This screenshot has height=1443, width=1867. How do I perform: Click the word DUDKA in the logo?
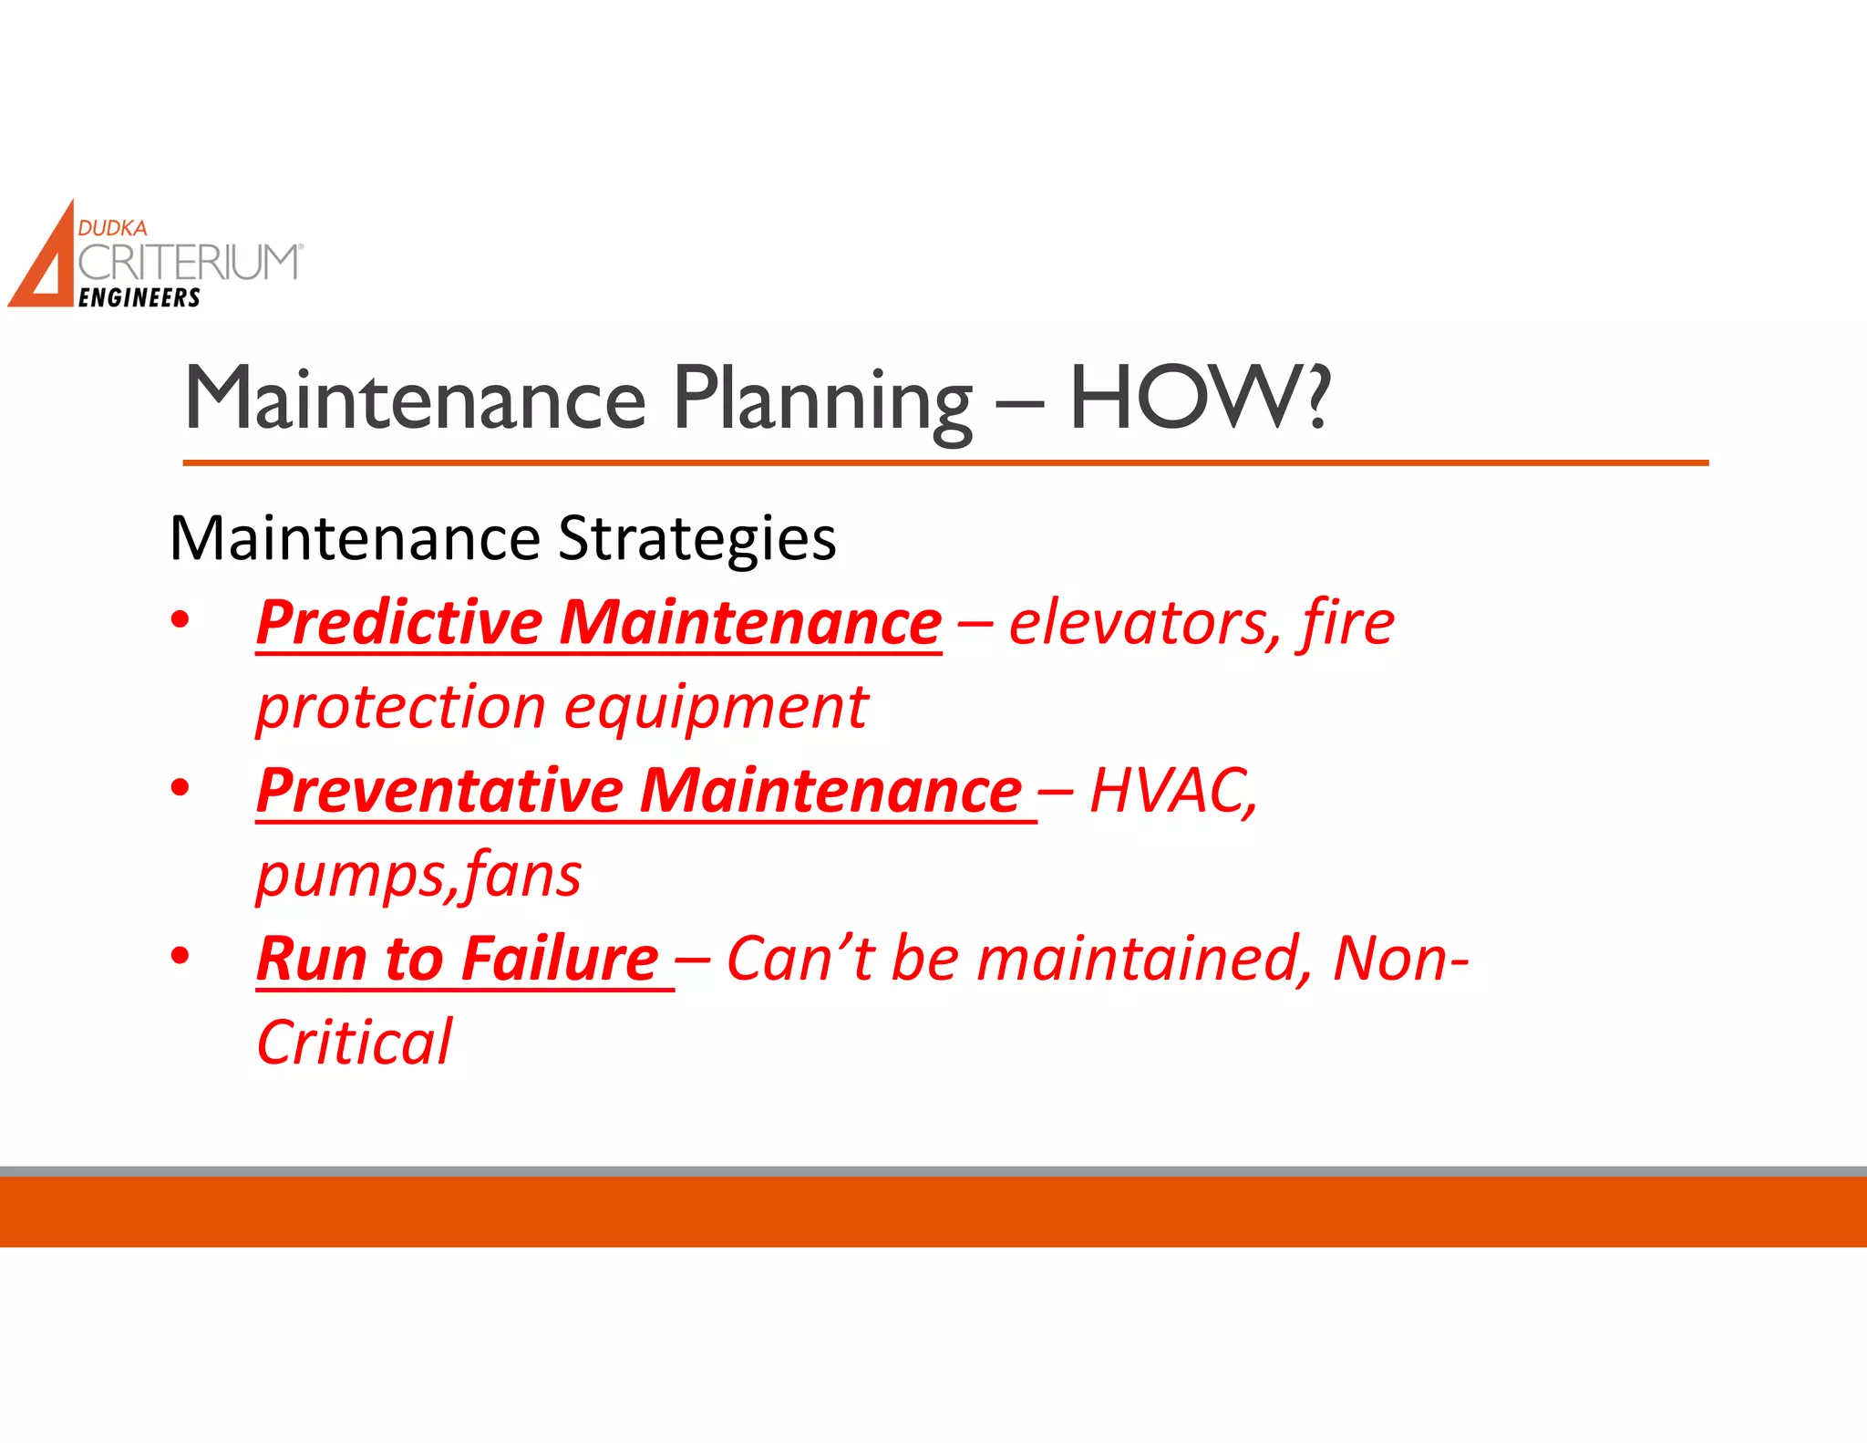[x=112, y=228]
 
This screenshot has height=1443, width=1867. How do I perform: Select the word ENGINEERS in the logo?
[x=139, y=298]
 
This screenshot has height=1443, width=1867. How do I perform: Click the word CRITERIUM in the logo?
[x=188, y=263]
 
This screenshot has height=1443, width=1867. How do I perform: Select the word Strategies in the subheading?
[x=696, y=539]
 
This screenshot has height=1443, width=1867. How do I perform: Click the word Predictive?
[x=399, y=623]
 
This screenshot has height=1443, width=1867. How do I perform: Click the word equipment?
[x=716, y=709]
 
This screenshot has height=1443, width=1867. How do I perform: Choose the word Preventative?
[x=438, y=791]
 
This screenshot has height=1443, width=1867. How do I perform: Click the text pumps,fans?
[x=418, y=876]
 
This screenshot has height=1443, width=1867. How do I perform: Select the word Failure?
[x=559, y=960]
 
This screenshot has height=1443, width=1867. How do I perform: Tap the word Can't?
[x=800, y=960]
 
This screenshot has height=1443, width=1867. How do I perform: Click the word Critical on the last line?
[x=354, y=1043]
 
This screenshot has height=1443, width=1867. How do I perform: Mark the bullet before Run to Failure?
[x=181, y=956]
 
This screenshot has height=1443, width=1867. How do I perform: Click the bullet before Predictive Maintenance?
[x=181, y=619]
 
